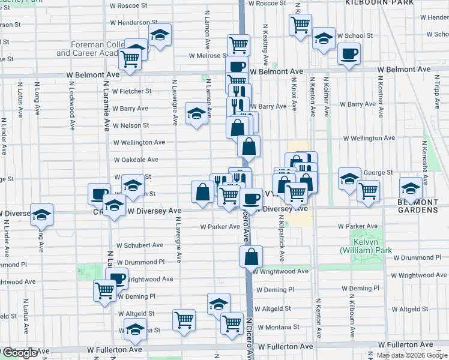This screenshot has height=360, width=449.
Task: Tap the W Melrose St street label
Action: click(x=207, y=56)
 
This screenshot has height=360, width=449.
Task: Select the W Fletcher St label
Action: click(x=132, y=91)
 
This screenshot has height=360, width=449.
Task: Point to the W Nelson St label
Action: click(x=131, y=125)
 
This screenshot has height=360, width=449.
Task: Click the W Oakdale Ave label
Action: click(x=136, y=160)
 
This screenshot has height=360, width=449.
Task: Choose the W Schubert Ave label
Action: click(x=140, y=245)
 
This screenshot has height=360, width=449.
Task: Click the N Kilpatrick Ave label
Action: click(x=281, y=244)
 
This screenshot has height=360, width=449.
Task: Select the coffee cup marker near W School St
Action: click(x=348, y=55)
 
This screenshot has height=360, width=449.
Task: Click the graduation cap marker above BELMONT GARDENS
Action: click(x=411, y=187)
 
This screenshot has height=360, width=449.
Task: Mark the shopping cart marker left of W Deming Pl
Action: click(x=105, y=291)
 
